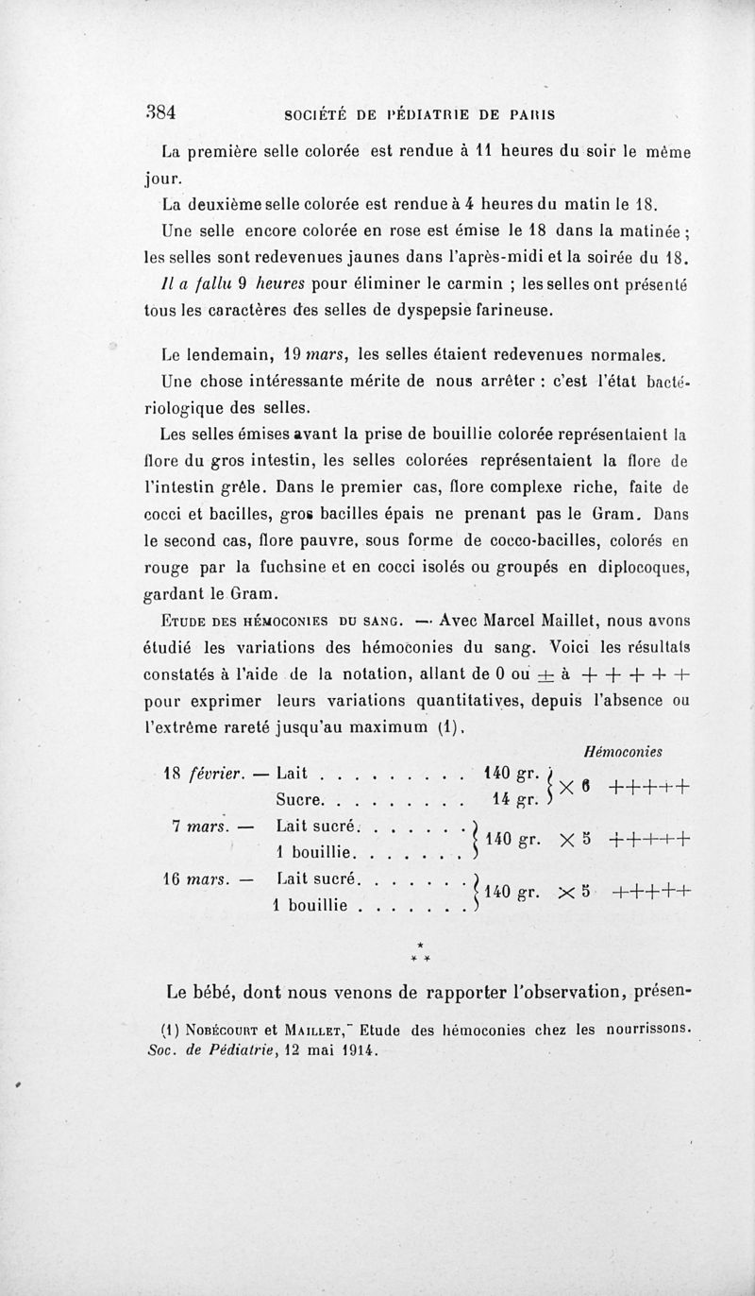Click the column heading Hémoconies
[624, 751]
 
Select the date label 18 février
[200, 774]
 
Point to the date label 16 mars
[200, 878]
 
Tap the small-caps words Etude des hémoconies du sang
[272, 620]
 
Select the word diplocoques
[643, 569]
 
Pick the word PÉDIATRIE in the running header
[436, 114]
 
